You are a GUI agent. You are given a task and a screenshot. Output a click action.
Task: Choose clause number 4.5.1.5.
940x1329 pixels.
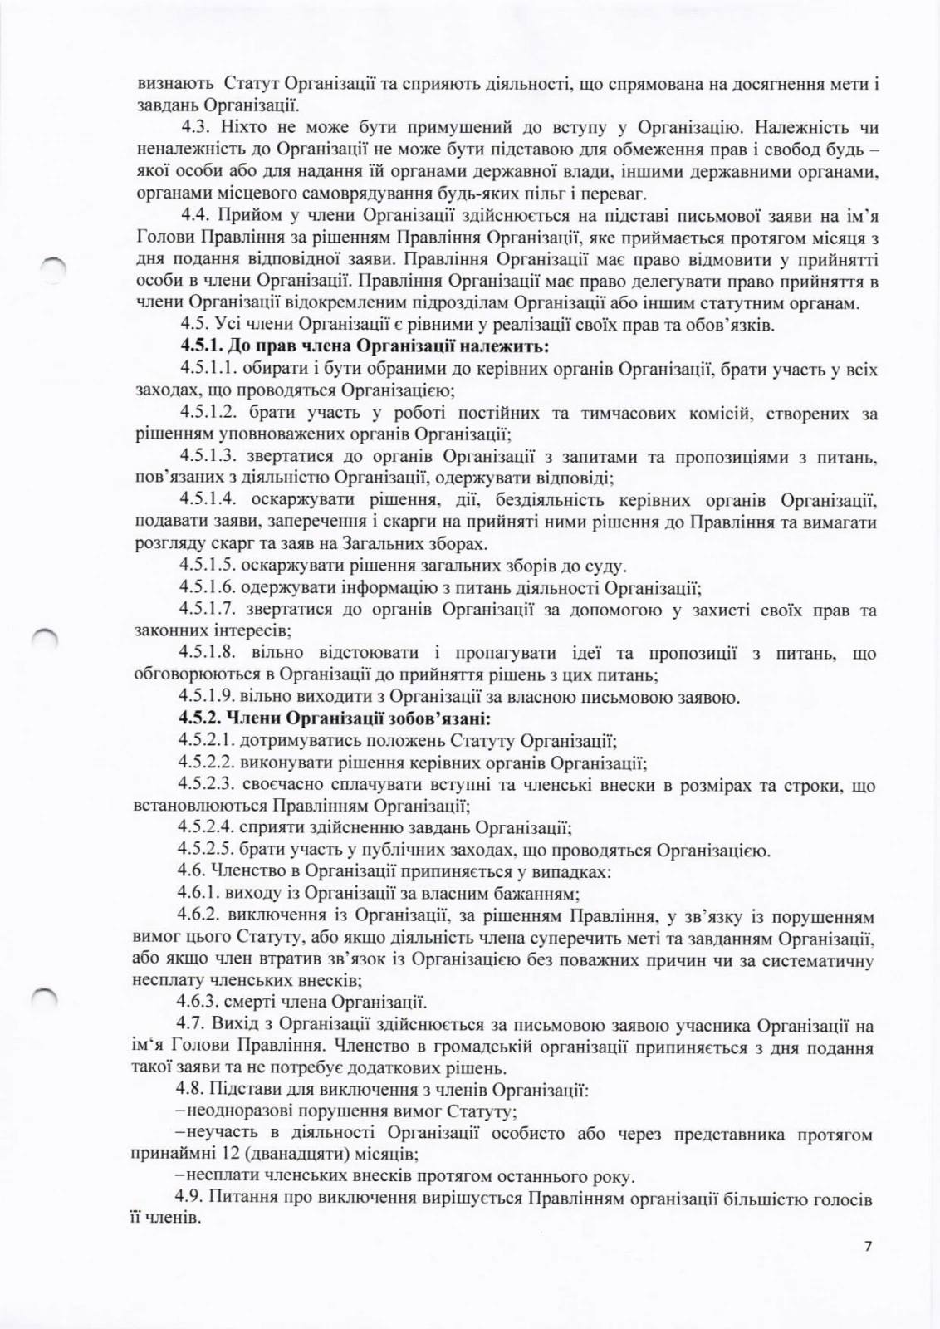click(x=206, y=566)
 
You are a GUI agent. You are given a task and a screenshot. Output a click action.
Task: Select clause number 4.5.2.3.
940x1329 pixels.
click(x=206, y=784)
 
